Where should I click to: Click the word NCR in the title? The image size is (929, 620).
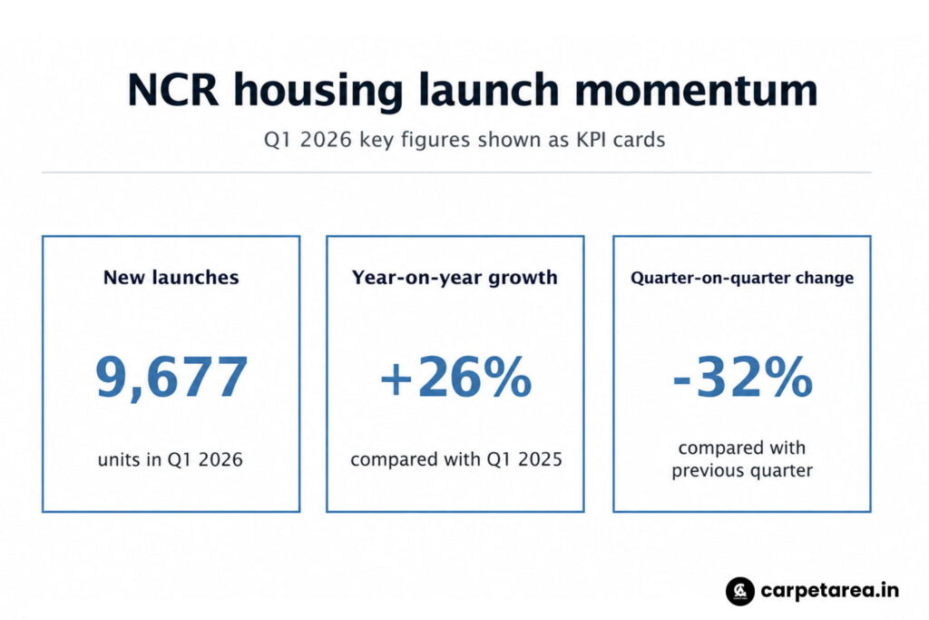pyautogui.click(x=172, y=90)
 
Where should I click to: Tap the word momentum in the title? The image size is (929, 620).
pyautogui.click(x=696, y=91)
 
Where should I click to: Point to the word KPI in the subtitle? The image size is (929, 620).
pyautogui.click(x=590, y=140)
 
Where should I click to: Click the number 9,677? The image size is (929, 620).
pyautogui.click(x=171, y=377)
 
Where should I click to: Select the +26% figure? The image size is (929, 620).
pyautogui.click(x=455, y=377)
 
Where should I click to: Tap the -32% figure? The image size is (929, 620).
pyautogui.click(x=742, y=377)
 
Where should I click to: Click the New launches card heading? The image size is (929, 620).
pyautogui.click(x=171, y=278)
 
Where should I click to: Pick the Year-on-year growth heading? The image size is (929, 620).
pyautogui.click(x=455, y=278)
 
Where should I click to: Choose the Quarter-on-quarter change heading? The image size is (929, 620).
pyautogui.click(x=742, y=278)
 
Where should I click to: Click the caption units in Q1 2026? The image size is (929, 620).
pyautogui.click(x=171, y=459)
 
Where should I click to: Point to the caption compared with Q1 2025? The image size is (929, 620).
pyautogui.click(x=456, y=459)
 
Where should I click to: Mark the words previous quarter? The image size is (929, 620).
pyautogui.click(x=742, y=470)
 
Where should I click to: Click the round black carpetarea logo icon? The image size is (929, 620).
pyautogui.click(x=740, y=591)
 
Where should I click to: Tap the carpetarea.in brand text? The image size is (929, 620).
pyautogui.click(x=829, y=591)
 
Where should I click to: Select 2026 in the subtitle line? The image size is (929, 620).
pyautogui.click(x=326, y=140)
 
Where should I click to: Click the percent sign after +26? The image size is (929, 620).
pyautogui.click(x=508, y=377)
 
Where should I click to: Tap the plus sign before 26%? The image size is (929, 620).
pyautogui.click(x=396, y=379)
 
